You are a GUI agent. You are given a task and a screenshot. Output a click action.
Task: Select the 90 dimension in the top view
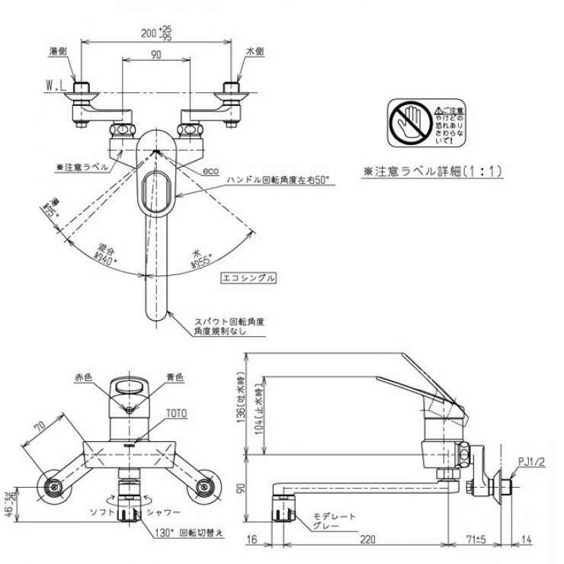[155, 53]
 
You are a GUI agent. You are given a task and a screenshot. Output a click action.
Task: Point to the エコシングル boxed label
[248, 279]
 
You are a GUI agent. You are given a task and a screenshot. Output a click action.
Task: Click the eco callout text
[210, 172]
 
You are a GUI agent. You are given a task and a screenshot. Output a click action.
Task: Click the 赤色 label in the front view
[83, 377]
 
